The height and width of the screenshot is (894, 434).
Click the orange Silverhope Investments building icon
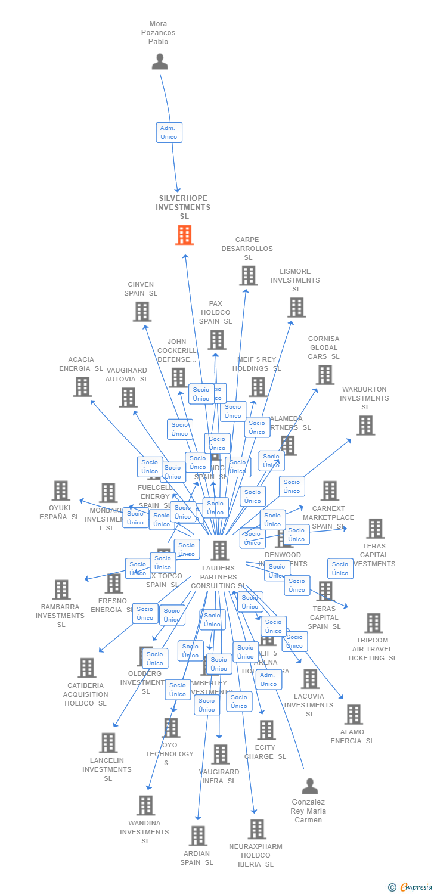184,235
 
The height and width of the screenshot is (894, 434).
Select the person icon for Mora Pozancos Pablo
160,61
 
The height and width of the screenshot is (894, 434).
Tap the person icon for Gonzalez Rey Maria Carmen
309,786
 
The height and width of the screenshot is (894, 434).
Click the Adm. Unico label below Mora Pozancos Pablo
169,132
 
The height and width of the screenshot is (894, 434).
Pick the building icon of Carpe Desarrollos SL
248,275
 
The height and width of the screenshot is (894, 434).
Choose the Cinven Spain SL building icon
142,311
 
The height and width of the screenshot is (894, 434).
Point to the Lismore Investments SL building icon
296,307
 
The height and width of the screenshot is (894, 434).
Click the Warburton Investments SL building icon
365,425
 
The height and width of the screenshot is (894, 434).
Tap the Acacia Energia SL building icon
82,386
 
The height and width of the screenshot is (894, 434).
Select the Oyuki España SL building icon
60,491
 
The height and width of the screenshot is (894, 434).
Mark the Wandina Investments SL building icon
145,805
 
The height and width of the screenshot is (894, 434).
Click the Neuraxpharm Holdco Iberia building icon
256,828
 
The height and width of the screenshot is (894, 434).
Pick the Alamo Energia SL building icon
353,714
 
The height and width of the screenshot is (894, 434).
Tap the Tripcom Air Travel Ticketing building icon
373,623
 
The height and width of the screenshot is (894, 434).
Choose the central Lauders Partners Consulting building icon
219,550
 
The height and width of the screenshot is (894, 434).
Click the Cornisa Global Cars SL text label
324,347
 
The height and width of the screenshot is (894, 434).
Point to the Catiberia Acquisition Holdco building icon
86,668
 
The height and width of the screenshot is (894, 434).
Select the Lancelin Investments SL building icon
108,743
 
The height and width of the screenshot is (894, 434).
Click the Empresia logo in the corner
411,887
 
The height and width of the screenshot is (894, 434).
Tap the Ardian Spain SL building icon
198,836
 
